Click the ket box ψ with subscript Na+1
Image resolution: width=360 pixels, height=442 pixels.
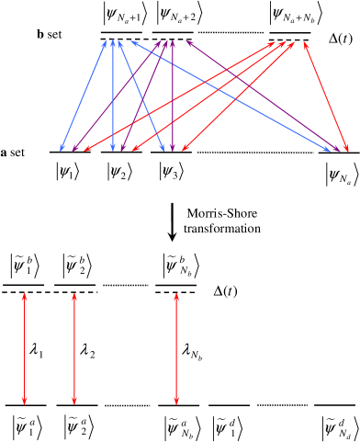pos(129,16)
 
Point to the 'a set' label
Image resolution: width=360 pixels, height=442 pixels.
pos(14,150)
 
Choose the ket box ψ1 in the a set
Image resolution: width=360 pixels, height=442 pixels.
pos(68,172)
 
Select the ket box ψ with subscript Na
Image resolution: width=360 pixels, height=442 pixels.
pos(339,172)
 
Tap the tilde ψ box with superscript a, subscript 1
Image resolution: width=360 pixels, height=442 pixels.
pos(25,425)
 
